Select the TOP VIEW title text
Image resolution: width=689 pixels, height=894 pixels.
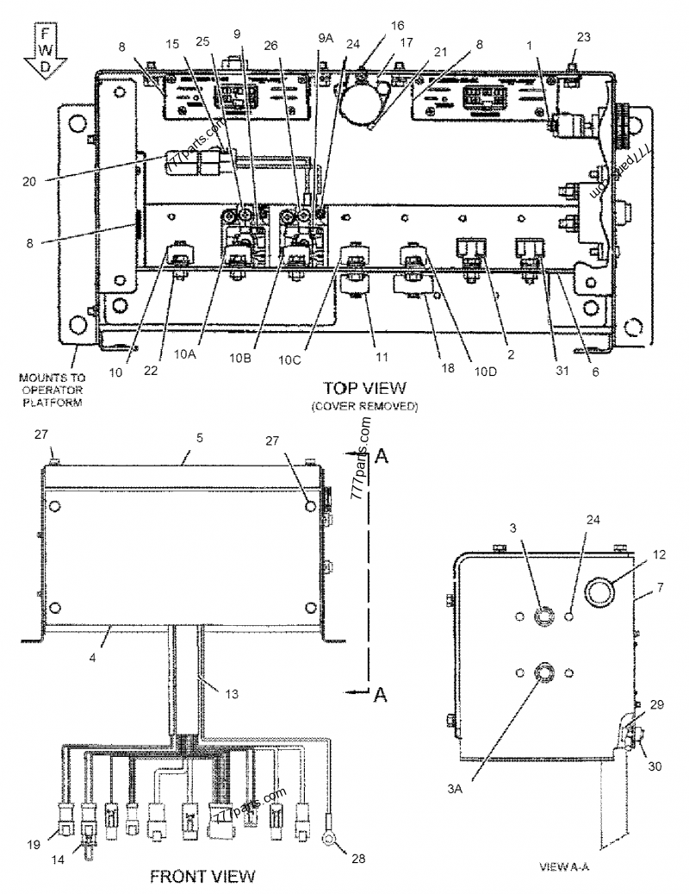point(364,388)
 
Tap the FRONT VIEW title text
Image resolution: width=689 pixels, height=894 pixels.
point(202,877)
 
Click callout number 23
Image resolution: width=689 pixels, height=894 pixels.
point(584,36)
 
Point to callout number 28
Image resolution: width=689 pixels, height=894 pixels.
point(357,858)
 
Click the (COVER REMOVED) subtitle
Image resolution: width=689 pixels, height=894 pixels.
point(364,406)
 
